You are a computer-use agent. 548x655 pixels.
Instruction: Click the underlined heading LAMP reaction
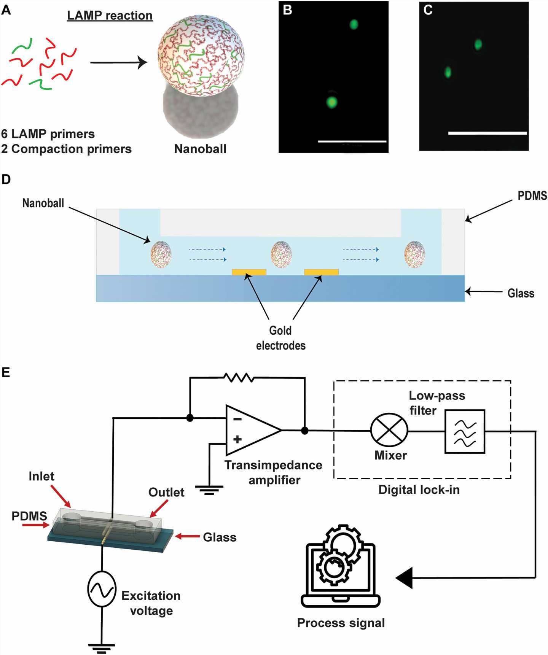click(110, 16)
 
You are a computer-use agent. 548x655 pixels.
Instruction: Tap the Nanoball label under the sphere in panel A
click(200, 149)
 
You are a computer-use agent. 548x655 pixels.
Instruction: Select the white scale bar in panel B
click(352, 141)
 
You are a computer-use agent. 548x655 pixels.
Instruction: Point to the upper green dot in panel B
click(354, 25)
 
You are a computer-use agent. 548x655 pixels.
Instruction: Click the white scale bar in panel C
click(487, 133)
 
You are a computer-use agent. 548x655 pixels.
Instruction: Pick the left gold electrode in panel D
click(249, 272)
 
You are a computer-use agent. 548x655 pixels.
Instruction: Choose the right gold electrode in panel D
click(321, 272)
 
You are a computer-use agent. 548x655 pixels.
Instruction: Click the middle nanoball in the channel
click(281, 254)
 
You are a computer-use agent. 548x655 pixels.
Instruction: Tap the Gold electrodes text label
click(281, 338)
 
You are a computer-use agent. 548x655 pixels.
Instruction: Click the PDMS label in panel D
click(532, 196)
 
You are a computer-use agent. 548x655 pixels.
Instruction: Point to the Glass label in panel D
click(521, 293)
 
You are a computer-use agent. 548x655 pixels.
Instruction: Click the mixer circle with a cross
click(389, 431)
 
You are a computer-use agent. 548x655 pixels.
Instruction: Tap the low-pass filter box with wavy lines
click(465, 431)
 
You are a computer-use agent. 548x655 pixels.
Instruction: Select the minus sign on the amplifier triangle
click(237, 419)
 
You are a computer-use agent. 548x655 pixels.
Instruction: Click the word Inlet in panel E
click(41, 476)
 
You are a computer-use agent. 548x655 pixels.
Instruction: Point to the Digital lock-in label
click(419, 490)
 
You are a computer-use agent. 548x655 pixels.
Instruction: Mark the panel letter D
click(6, 180)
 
